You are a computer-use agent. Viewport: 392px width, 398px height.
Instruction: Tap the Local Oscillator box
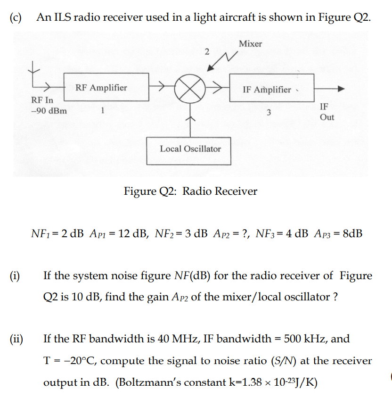pyautogui.click(x=190, y=149)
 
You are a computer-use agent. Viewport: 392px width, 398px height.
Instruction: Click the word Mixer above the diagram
pyautogui.click(x=250, y=44)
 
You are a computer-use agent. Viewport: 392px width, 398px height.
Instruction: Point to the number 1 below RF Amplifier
pyautogui.click(x=102, y=111)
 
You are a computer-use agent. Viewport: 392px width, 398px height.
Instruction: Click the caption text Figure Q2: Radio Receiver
pyautogui.click(x=190, y=191)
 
